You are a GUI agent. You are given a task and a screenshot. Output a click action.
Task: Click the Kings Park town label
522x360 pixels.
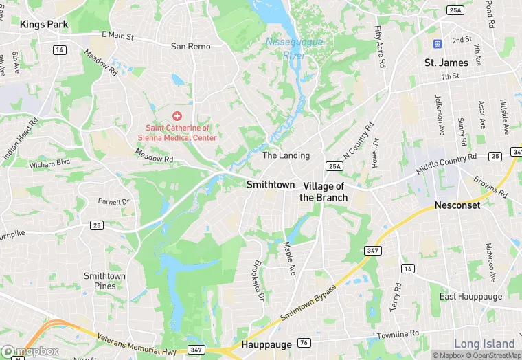point(43,23)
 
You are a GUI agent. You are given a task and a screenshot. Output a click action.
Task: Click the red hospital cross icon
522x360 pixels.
point(177,116)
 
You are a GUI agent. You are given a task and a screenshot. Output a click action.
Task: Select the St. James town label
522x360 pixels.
point(446,63)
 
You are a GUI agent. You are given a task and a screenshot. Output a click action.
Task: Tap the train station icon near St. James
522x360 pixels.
point(436,43)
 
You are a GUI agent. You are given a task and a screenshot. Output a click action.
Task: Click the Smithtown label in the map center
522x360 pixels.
point(271,185)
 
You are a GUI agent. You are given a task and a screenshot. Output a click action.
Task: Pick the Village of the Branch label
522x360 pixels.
point(325,192)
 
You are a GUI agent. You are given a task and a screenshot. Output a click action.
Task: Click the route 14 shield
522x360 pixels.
point(60,50)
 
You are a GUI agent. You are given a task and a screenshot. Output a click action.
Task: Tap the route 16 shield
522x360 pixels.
point(408,268)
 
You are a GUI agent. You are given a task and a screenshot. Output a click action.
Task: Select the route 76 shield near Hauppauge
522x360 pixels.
point(303,344)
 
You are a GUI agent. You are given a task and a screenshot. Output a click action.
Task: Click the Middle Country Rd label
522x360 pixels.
point(446,164)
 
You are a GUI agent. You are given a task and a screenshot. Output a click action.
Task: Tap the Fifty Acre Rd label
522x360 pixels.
point(378,47)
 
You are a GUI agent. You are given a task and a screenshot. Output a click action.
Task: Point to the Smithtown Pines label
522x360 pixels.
point(104,280)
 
